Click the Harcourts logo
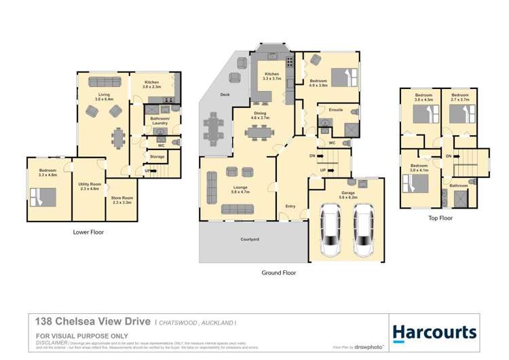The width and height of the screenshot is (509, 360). pos(435,332)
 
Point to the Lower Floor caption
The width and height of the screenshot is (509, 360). pos(88,232)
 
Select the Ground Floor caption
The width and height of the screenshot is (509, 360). pos(279,272)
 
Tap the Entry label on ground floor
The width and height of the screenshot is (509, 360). pos(290,206)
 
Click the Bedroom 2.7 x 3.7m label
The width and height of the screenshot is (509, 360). pos(460,97)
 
